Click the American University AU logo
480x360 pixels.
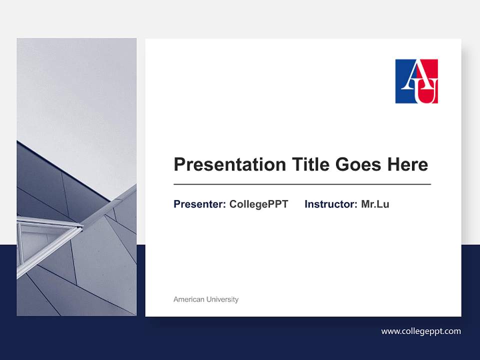416,81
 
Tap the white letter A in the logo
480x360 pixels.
411,75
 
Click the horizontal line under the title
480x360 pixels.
302,184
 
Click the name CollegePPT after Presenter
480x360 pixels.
258,204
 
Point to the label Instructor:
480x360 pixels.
331,204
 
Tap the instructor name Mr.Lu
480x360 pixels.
375,204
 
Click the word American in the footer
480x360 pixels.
189,299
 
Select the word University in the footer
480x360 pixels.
222,299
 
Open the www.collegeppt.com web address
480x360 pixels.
421,331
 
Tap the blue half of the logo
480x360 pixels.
403,90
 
